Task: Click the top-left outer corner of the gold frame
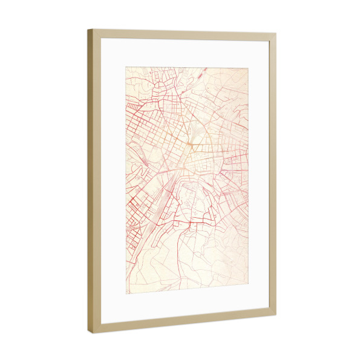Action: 88,29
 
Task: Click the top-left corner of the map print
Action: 126,68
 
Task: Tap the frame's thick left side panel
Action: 94,181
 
